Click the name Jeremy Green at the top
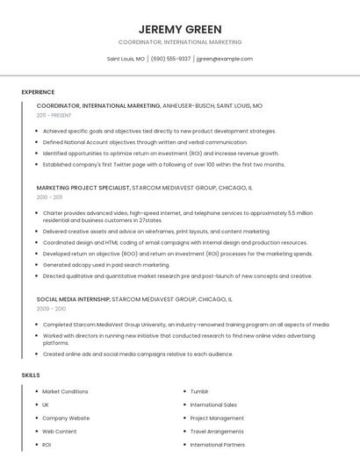[x=180, y=29]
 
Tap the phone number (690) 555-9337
[x=170, y=59]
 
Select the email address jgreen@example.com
[x=225, y=59]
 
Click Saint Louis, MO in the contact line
[x=126, y=59]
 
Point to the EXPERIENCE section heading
[x=38, y=92]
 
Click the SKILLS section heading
[x=31, y=376]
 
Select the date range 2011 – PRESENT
[x=54, y=115]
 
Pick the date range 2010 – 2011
[x=50, y=197]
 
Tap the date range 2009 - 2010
[x=51, y=309]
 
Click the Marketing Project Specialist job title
[x=83, y=188]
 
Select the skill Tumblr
[x=199, y=391]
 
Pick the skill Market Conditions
[x=65, y=391]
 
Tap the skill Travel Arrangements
[x=216, y=432]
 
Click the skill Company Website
[x=66, y=418]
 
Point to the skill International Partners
[x=217, y=445]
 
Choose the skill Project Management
[x=217, y=418]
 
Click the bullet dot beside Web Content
[x=37, y=432]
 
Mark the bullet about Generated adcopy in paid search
[x=106, y=264]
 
